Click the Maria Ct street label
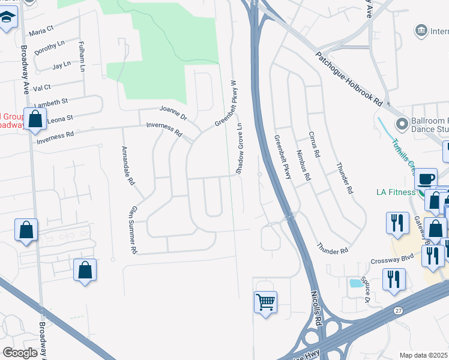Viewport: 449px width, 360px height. click(41, 29)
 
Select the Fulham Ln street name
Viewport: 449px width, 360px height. click(82, 57)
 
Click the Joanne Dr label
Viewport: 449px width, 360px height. click(173, 112)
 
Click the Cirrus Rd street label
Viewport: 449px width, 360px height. click(313, 145)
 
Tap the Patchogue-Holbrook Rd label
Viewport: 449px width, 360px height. click(349, 77)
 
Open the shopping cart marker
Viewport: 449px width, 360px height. click(265, 301)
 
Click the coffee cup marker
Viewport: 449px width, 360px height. click(426, 179)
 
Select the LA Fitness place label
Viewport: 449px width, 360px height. click(396, 192)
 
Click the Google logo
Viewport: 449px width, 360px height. click(20, 353)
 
